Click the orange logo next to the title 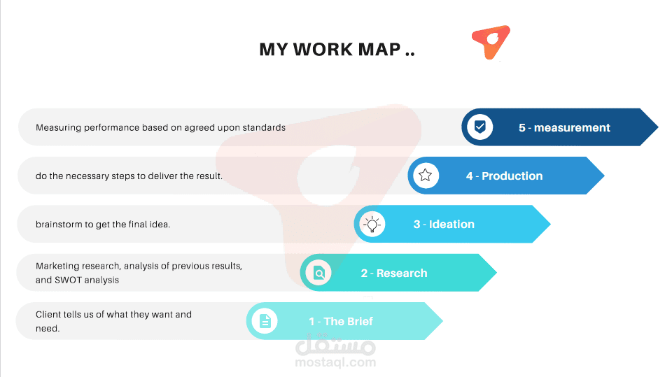[x=491, y=42]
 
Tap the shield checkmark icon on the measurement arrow [x=480, y=127]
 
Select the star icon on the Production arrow [x=425, y=176]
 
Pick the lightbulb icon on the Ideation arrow [x=372, y=224]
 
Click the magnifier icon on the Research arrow [x=319, y=273]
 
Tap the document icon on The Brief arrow [x=265, y=321]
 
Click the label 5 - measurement [x=564, y=128]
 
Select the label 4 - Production [x=504, y=176]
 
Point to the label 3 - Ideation [x=444, y=225]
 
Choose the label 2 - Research [x=394, y=273]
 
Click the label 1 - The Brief [x=341, y=321]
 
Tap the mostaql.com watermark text [x=335, y=362]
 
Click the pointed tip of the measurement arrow [x=658, y=127]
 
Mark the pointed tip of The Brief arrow [x=442, y=321]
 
